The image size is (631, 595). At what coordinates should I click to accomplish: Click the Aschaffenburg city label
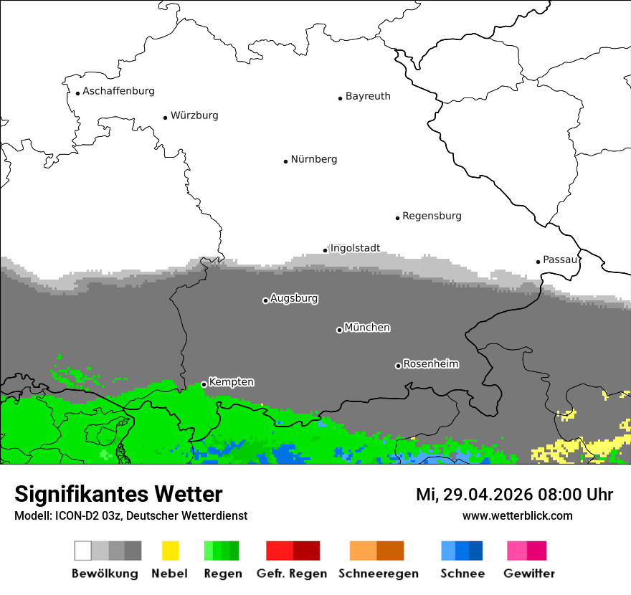coord(118,91)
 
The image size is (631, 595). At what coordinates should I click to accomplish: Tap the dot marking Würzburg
coord(165,118)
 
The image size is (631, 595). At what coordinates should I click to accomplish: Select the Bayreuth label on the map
coord(368,96)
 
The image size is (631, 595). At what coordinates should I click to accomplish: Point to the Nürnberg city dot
coord(285,161)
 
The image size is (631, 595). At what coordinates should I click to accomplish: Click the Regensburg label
coord(432,216)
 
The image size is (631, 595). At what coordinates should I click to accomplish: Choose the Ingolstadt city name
coord(355,248)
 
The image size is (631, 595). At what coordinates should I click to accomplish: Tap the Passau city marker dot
coord(538,262)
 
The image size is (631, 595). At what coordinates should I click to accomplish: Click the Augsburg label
coord(294,298)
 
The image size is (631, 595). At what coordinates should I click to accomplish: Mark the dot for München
coord(339,330)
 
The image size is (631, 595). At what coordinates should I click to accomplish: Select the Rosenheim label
coord(431,364)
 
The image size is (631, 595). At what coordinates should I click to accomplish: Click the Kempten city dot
coord(204,384)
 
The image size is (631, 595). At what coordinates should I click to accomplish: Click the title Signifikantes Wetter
coord(118,495)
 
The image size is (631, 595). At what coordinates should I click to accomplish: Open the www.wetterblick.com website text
coord(517,516)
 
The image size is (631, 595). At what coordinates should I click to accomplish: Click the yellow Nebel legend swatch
coord(170,551)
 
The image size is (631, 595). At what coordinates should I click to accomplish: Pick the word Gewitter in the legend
coord(528,573)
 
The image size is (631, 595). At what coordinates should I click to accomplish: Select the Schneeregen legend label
coord(378,573)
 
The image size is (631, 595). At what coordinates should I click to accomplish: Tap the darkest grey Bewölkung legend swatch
coord(133,551)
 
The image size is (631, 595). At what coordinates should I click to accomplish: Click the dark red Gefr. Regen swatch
coord(306,551)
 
